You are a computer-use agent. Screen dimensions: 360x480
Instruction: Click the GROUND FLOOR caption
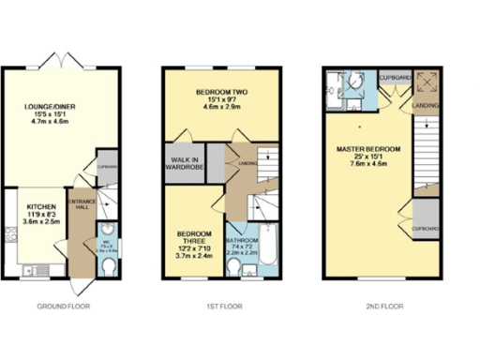[x=64, y=306]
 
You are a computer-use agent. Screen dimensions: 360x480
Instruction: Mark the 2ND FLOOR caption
[x=382, y=306]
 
